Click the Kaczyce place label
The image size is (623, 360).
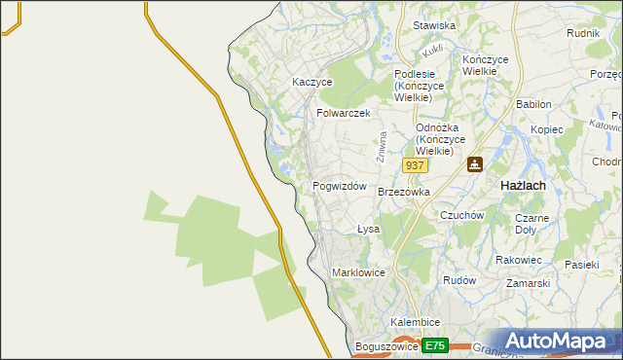pyautogui.click(x=312, y=83)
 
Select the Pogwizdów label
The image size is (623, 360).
pyautogui.click(x=339, y=186)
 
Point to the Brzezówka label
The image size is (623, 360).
pyautogui.click(x=404, y=193)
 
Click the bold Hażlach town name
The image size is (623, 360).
pyautogui.click(x=523, y=185)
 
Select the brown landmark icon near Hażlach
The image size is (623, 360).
pyautogui.click(x=475, y=165)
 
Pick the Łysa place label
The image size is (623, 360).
pyautogui.click(x=368, y=229)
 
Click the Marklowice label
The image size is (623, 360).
pyautogui.click(x=360, y=272)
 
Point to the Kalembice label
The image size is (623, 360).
pyautogui.click(x=416, y=322)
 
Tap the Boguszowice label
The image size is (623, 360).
pyautogui.click(x=386, y=346)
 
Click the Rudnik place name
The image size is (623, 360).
pyautogui.click(x=582, y=32)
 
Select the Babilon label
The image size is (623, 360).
pyautogui.click(x=533, y=104)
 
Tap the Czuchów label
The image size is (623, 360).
pyautogui.click(x=462, y=215)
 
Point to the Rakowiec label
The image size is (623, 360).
pyautogui.click(x=518, y=260)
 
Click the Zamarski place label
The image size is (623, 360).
pyautogui.click(x=529, y=283)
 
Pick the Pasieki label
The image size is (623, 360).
pyautogui.click(x=582, y=265)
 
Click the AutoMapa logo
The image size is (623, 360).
pyautogui.click(x=557, y=341)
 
